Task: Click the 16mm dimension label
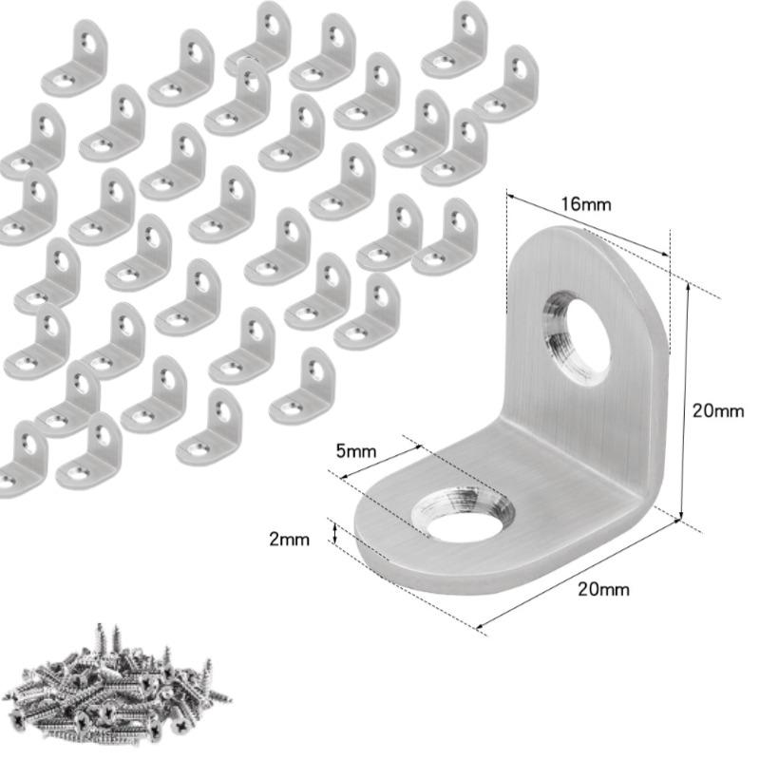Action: point(586,204)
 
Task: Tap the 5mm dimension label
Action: point(356,451)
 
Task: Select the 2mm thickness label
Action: point(290,540)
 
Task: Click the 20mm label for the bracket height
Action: point(718,410)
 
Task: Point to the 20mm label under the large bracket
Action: point(603,589)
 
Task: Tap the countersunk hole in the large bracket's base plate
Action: point(463,514)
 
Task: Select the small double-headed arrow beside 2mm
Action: point(334,530)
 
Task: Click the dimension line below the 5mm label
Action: point(381,462)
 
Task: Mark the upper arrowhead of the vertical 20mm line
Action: point(687,288)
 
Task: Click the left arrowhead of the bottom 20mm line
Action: point(483,626)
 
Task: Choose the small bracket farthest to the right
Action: point(505,84)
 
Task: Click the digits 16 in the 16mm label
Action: point(571,204)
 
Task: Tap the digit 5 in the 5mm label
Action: point(341,451)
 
